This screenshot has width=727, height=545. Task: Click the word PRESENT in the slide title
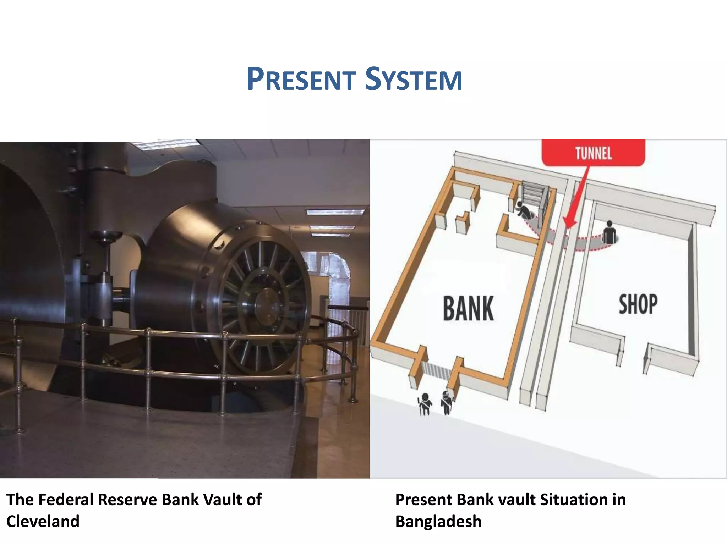click(x=301, y=79)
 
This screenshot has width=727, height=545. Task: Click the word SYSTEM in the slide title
click(x=414, y=79)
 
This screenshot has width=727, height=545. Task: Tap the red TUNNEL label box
click(x=593, y=153)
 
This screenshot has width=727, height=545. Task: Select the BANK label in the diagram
click(x=468, y=308)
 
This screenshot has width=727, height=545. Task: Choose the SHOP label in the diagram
click(x=638, y=304)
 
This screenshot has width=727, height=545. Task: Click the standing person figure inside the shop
click(x=610, y=232)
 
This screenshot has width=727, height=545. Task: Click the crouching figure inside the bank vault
click(x=524, y=211)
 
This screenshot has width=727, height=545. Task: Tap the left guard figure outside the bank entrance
click(x=425, y=404)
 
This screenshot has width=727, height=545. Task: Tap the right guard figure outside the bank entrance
click(x=446, y=402)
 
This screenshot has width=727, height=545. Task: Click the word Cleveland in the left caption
click(x=43, y=521)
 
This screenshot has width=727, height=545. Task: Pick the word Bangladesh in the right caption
click(x=438, y=521)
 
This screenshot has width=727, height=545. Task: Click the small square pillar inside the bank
click(x=462, y=222)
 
